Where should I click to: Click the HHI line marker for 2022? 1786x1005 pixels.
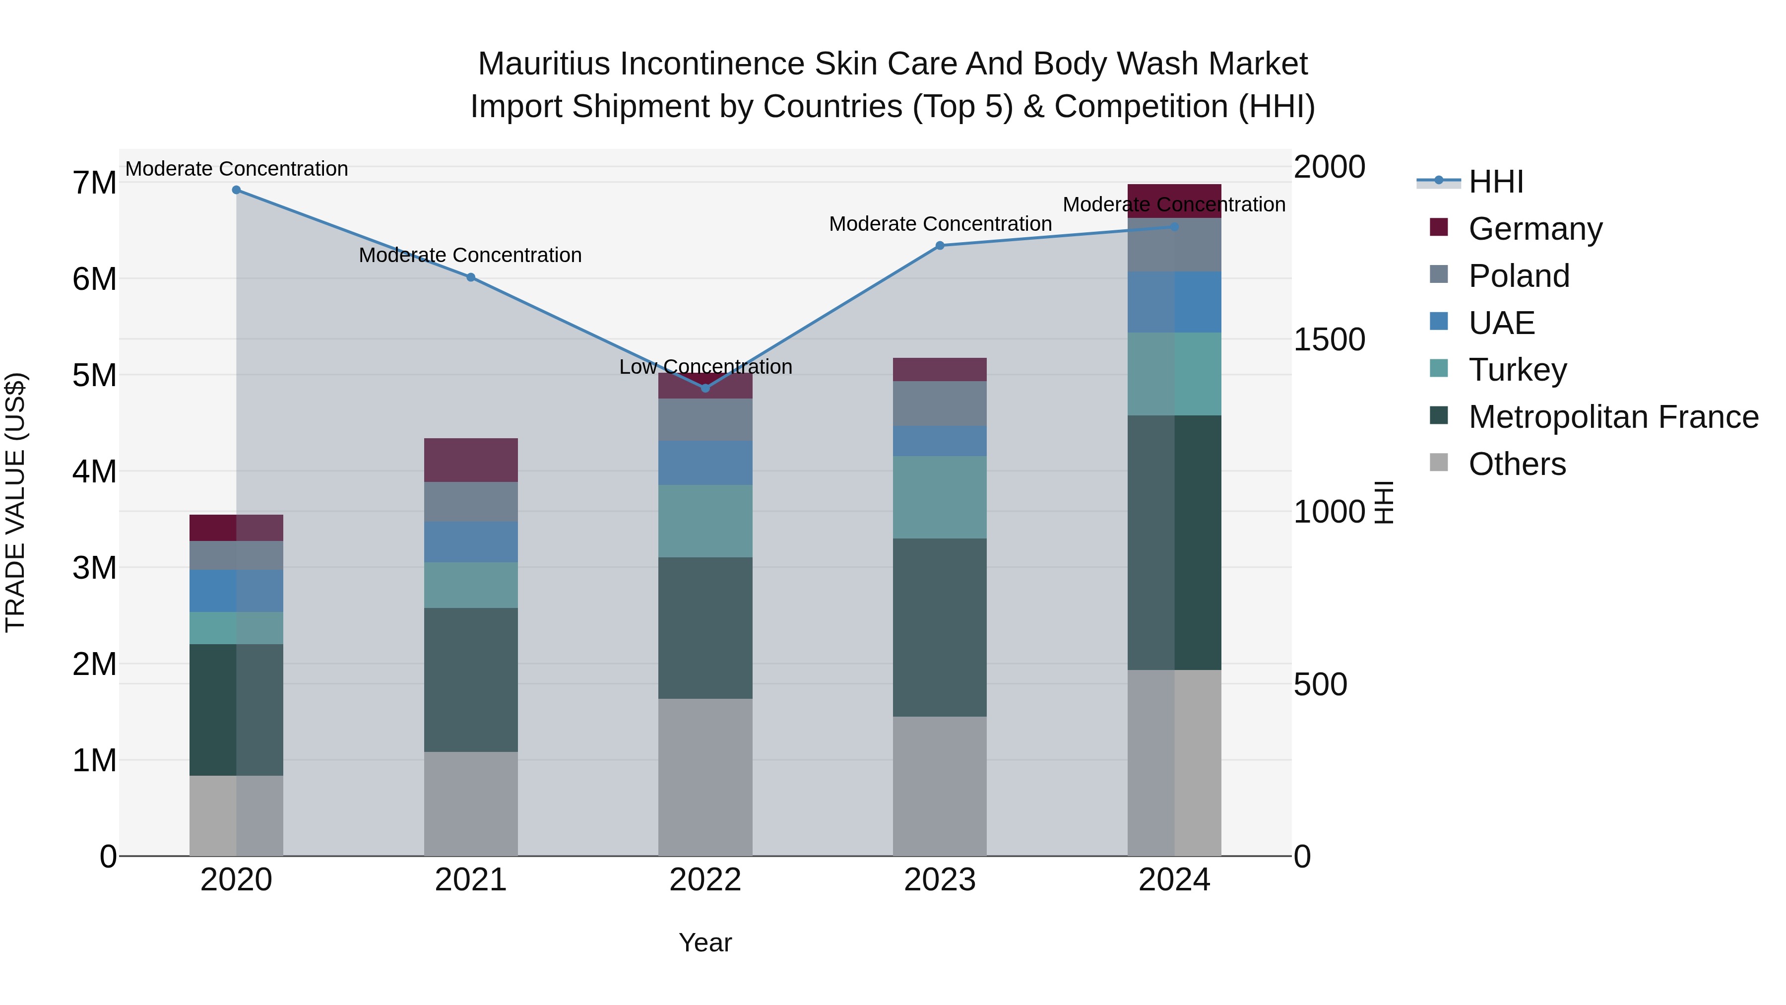click(x=705, y=389)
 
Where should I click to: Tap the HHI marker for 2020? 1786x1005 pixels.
click(x=237, y=190)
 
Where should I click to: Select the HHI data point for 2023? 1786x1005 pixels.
click(x=940, y=246)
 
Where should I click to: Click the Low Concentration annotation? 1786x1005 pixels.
click(x=705, y=367)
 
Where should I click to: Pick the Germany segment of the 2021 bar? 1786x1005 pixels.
click(x=471, y=460)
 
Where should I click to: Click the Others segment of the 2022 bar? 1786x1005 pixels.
click(x=705, y=777)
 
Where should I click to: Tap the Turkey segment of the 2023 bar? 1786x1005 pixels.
click(x=940, y=497)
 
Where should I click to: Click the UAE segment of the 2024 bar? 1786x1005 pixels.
click(x=1174, y=302)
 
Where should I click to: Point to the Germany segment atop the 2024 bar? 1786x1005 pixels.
click(x=1174, y=196)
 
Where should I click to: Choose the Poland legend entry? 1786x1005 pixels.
click(x=1519, y=276)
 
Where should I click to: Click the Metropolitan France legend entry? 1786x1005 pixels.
click(x=1613, y=417)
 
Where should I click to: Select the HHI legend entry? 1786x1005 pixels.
click(x=1495, y=182)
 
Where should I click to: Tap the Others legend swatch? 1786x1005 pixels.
click(x=1439, y=463)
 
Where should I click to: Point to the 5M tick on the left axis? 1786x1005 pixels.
click(x=94, y=375)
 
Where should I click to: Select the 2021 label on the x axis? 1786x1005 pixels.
click(x=471, y=880)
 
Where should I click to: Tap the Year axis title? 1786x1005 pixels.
click(x=705, y=942)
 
